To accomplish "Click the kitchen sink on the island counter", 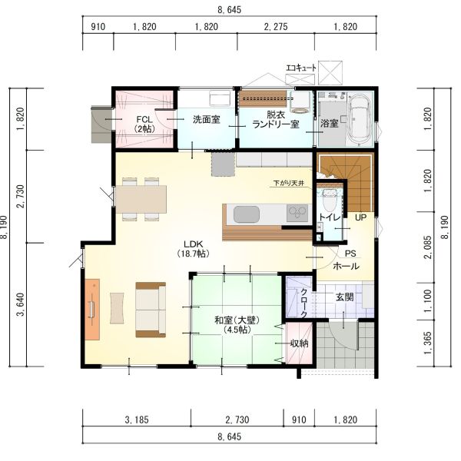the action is pyautogui.click(x=247, y=214).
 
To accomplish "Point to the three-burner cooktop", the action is pyautogui.click(x=297, y=213).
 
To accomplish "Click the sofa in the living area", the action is pyautogui.click(x=151, y=310).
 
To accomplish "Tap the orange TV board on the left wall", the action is pyautogui.click(x=92, y=310).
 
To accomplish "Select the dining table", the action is pyautogui.click(x=141, y=199).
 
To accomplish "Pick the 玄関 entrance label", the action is pyautogui.click(x=344, y=297).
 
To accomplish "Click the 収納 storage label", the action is pyautogui.click(x=300, y=343).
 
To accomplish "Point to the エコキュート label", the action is pyautogui.click(x=301, y=68).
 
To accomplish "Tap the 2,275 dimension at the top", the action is pyautogui.click(x=276, y=27).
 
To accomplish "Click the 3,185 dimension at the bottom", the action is pyautogui.click(x=137, y=420).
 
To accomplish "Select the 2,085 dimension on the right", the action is pyautogui.click(x=428, y=247).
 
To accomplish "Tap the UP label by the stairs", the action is pyautogui.click(x=361, y=217).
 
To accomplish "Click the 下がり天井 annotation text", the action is pyautogui.click(x=288, y=183).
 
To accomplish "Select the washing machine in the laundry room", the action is pyautogui.click(x=300, y=102).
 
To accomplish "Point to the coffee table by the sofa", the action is pyautogui.click(x=117, y=308).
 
